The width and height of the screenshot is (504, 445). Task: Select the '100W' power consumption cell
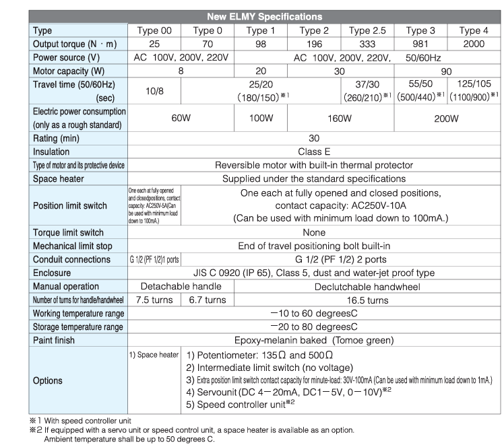click(260, 119)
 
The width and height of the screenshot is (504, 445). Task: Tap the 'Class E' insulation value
click(314, 152)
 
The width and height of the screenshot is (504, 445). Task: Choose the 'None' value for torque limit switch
click(314, 232)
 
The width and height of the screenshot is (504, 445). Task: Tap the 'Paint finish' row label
click(59, 340)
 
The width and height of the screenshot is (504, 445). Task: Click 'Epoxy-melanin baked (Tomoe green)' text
click(314, 340)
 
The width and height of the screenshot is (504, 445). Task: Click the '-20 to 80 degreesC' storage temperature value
click(314, 327)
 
